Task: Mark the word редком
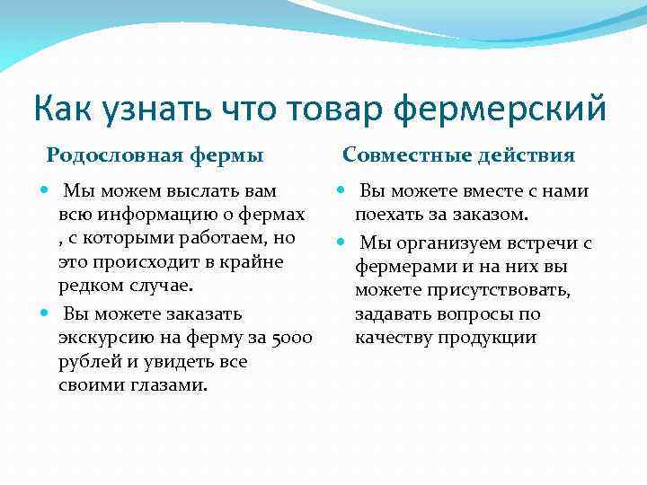93,286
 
